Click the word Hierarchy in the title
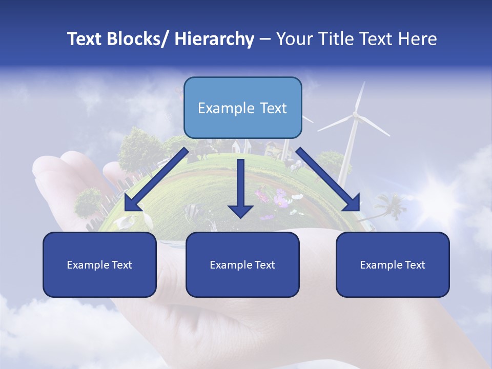(214, 39)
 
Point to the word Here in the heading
(418, 39)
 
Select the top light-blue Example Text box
(242, 108)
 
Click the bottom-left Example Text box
(99, 264)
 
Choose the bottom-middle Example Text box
(242, 264)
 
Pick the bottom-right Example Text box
(393, 264)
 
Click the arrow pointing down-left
(156, 179)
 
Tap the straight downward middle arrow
(240, 187)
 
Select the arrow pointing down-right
(328, 179)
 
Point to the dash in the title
(265, 39)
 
